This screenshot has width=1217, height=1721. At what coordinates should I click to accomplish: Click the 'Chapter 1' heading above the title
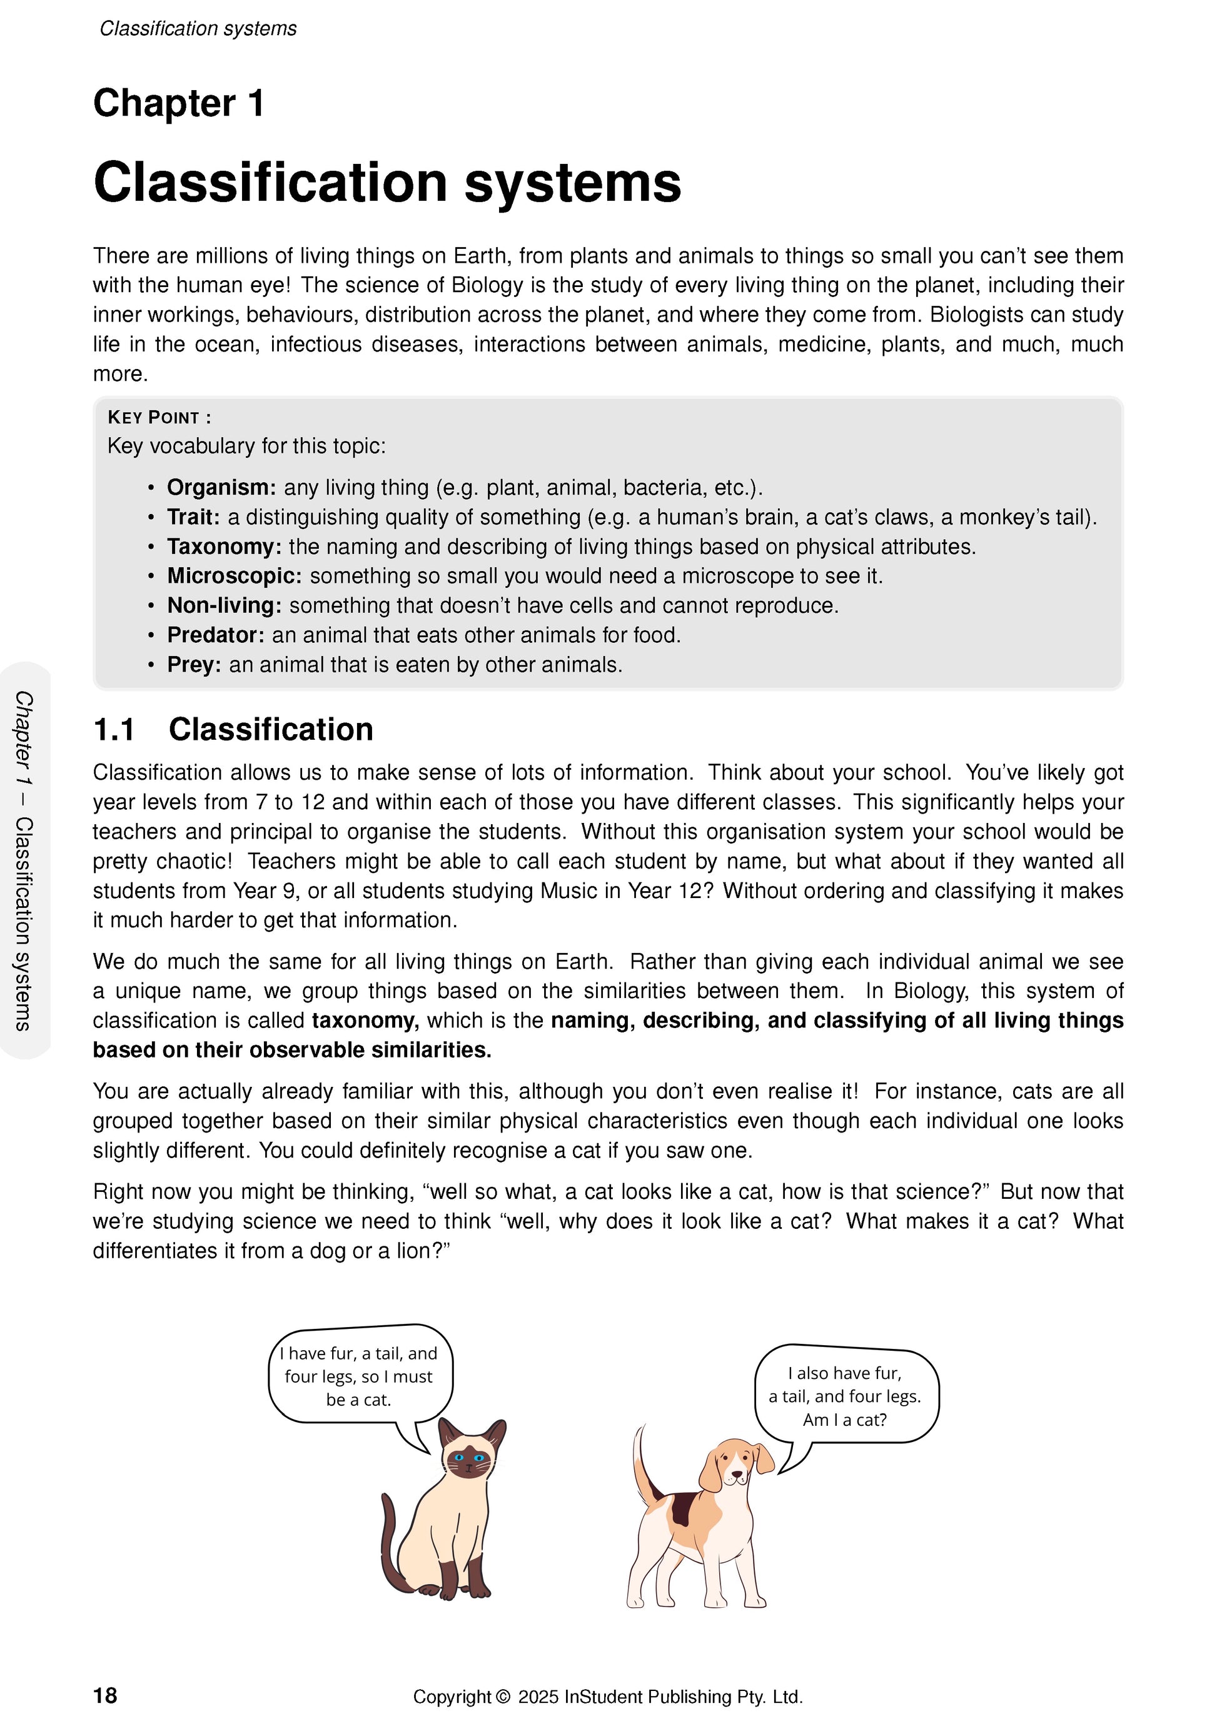178,103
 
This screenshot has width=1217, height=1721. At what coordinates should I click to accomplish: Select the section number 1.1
114,730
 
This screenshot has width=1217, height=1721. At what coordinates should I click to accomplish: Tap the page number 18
105,1695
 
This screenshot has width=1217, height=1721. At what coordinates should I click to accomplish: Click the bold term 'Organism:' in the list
221,488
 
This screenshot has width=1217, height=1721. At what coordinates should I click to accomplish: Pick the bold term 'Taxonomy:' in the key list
224,547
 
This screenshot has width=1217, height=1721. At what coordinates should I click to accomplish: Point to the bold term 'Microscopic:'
234,577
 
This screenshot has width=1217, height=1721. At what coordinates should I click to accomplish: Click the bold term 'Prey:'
193,665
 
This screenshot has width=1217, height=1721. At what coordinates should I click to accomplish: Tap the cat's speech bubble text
359,1377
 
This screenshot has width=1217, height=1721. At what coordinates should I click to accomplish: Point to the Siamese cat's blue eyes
468,1458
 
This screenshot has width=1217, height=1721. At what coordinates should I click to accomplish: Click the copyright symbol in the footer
502,1696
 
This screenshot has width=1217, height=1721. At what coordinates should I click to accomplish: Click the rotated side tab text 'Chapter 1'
24,739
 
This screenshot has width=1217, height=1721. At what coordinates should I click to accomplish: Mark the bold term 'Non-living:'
224,605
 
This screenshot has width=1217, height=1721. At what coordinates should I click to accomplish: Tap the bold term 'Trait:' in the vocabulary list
193,518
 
